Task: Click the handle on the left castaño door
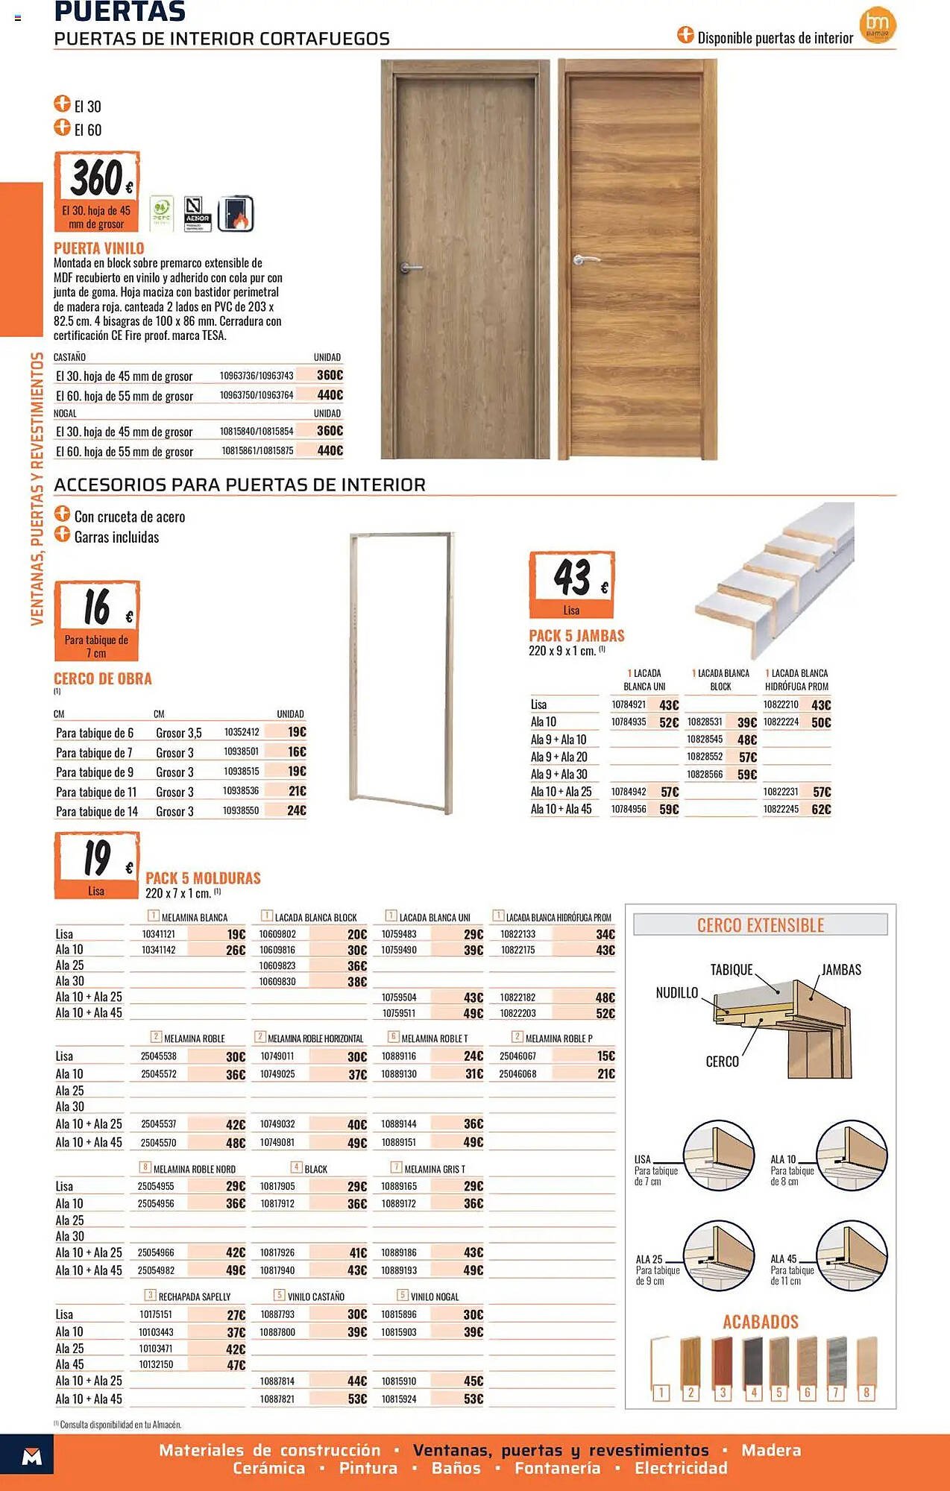coord(409,267)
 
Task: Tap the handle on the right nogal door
coord(586,260)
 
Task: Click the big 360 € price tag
coord(97,191)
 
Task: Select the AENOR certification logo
coord(198,214)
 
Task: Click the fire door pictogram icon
coord(236,214)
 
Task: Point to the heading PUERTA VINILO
coord(99,248)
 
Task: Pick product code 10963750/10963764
coord(257,395)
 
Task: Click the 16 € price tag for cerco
coord(97,620)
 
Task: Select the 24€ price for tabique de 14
coord(296,810)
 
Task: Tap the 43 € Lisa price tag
coord(571,584)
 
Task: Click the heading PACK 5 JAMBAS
coord(576,636)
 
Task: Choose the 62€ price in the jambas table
coord(820,809)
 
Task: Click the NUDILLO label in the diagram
coord(676,993)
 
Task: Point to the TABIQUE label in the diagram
coord(731,970)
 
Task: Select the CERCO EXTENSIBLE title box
coord(760,925)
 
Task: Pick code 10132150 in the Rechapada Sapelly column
coord(156,1364)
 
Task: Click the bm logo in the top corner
coord(878,25)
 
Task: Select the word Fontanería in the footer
coord(557,1468)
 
